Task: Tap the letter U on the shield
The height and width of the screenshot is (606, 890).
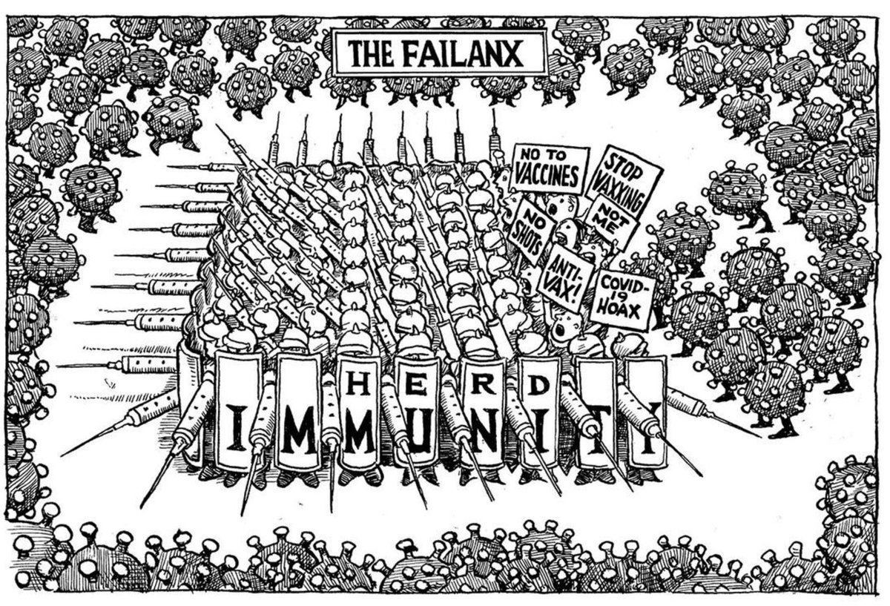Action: tap(420, 438)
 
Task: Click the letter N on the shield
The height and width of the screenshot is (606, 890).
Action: tap(479, 438)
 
